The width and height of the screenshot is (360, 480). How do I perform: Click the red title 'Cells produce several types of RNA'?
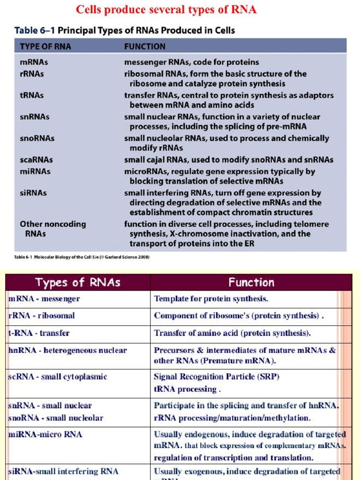pyautogui.click(x=166, y=9)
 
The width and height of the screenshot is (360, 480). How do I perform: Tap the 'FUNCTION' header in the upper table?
pyautogui.click(x=144, y=46)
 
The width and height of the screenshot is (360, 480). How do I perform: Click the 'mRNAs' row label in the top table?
pyautogui.click(x=34, y=62)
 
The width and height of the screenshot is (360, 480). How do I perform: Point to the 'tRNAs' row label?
pyautogui.click(x=32, y=95)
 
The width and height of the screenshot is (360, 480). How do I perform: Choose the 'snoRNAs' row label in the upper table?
pyautogui.click(x=37, y=138)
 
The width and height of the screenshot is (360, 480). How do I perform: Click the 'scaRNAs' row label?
pyautogui.click(x=36, y=160)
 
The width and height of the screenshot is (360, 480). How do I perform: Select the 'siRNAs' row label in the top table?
pyautogui.click(x=33, y=193)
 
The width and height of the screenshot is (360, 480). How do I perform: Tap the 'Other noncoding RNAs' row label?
pyautogui.click(x=52, y=228)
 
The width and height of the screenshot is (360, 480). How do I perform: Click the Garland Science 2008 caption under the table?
pyautogui.click(x=82, y=257)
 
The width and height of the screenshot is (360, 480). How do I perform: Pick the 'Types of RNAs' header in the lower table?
pyautogui.click(x=78, y=282)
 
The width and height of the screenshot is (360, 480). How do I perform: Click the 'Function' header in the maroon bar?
pyautogui.click(x=251, y=282)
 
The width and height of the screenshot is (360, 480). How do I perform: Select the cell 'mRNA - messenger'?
pyautogui.click(x=45, y=299)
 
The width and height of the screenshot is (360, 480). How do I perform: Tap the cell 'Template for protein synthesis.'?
pyautogui.click(x=211, y=299)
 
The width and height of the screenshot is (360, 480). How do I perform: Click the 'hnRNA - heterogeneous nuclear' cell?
pyautogui.click(x=67, y=350)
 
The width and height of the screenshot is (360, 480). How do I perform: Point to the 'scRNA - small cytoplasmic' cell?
pyautogui.click(x=58, y=376)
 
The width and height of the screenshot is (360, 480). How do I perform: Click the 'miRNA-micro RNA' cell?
pyautogui.click(x=45, y=435)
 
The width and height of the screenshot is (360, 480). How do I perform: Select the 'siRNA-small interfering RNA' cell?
pyautogui.click(x=63, y=471)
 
